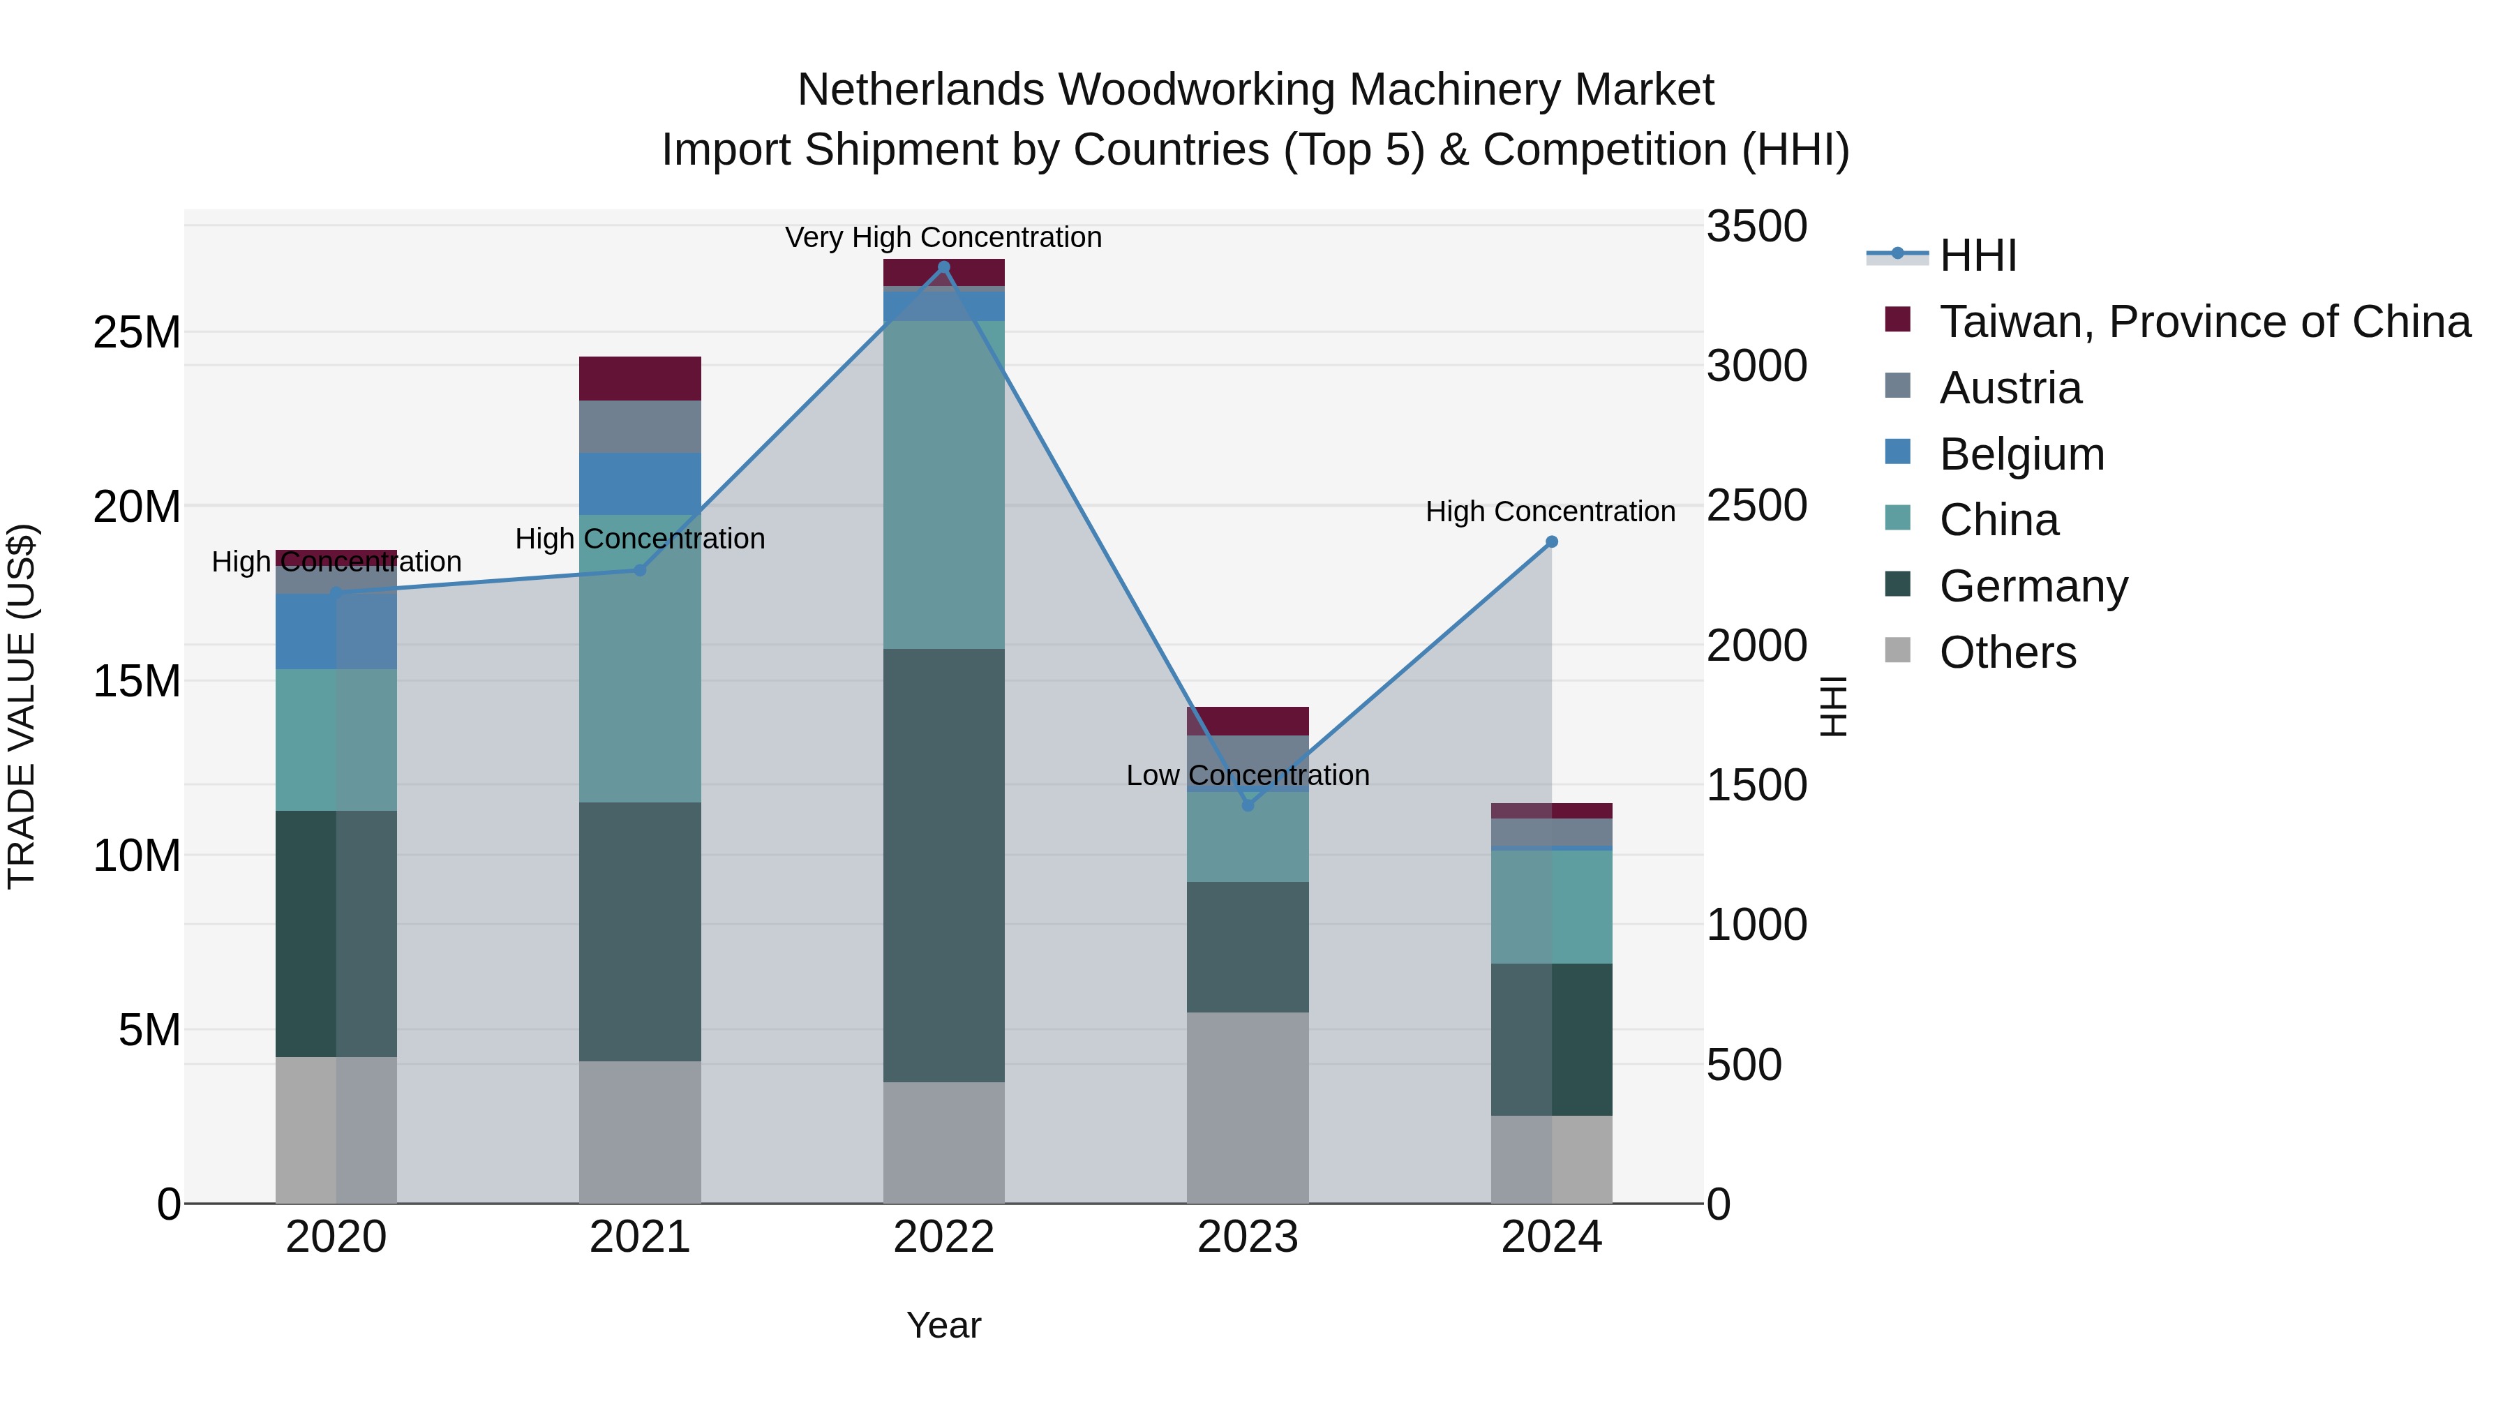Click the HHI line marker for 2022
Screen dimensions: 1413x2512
943,267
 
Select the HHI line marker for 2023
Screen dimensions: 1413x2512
1247,805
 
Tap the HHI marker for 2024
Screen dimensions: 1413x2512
1551,542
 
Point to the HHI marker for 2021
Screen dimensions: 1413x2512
640,571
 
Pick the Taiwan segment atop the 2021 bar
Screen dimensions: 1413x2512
640,378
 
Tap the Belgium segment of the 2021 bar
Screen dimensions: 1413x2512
640,484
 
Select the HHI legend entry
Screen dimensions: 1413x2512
1977,255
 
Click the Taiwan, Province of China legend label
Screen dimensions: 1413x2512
2204,322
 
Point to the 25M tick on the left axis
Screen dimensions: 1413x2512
137,333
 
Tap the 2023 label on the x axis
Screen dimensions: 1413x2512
1247,1237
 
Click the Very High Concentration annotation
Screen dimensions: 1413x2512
943,237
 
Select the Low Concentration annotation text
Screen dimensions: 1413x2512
1247,775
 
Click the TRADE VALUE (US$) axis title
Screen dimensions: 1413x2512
22,706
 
